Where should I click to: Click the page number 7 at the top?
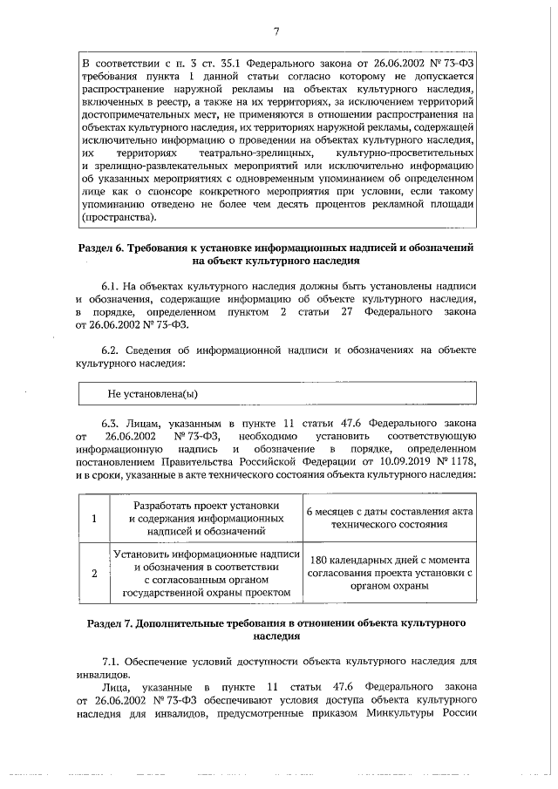pyautogui.click(x=276, y=33)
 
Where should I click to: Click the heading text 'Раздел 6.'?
pyautogui.click(x=101, y=248)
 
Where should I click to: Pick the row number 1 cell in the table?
pyautogui.click(x=94, y=518)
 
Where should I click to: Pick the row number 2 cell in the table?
pyautogui.click(x=94, y=573)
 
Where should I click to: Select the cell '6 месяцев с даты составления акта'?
pyautogui.click(x=389, y=512)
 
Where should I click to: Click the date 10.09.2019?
pyautogui.click(x=381, y=461)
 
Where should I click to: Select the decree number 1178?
pyautogui.click(x=462, y=461)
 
